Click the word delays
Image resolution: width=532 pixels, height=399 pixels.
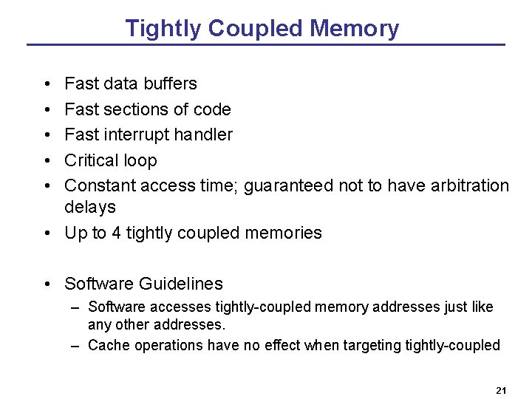(x=90, y=207)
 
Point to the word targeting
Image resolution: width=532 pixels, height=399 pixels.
(x=373, y=345)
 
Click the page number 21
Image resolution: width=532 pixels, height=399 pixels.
(x=501, y=390)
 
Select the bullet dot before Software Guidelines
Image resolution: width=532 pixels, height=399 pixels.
(x=47, y=284)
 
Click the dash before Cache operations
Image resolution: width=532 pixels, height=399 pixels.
(x=76, y=345)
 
